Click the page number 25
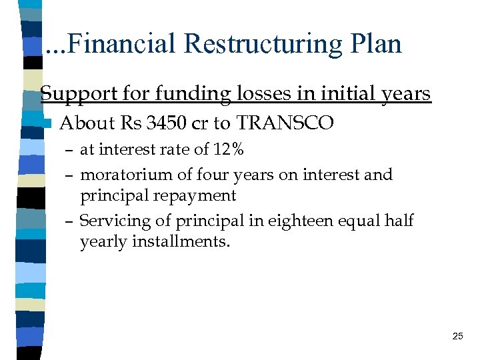457,336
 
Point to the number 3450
163,123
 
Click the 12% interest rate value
227,151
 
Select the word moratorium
124,175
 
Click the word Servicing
114,221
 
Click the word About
87,123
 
